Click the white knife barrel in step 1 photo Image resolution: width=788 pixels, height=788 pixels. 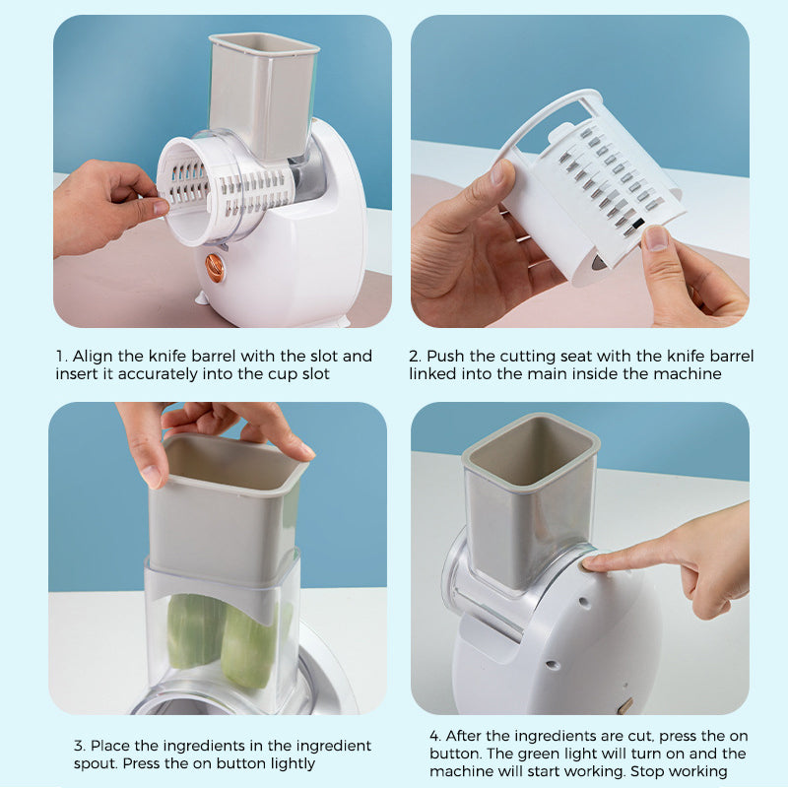pos(212,189)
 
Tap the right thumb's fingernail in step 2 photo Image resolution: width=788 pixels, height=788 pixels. pos(656,237)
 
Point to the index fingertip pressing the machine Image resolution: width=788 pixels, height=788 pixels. pos(593,562)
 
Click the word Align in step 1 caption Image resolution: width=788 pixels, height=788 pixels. pos(95,356)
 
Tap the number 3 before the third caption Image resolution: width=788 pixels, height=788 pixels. pos(78,746)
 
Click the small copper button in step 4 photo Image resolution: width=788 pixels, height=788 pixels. pos(624,706)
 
